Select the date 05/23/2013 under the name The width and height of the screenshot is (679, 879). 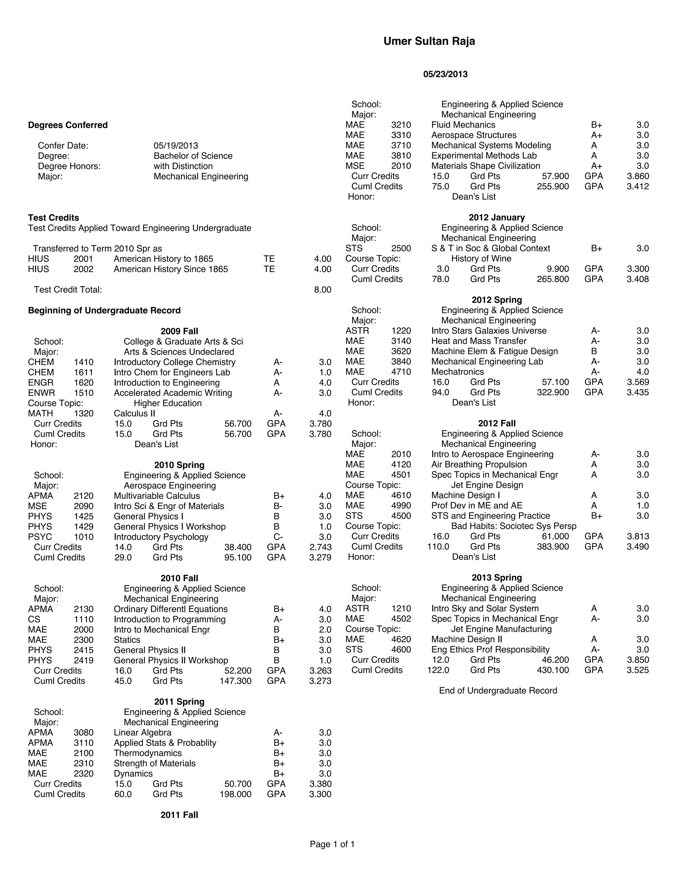click(445, 74)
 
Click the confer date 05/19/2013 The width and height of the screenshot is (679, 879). click(176, 146)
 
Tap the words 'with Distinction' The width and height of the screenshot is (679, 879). click(183, 166)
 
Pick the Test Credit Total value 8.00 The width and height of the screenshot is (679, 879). click(322, 290)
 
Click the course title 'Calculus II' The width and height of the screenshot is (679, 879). click(134, 413)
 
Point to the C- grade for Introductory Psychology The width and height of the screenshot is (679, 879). click(278, 537)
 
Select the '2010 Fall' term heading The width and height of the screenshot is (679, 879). click(179, 578)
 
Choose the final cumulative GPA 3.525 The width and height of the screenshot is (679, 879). click(638, 670)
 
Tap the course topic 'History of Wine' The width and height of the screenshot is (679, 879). click(481, 258)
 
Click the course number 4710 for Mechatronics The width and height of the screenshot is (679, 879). click(401, 372)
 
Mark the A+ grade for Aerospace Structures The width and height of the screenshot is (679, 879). click(596, 135)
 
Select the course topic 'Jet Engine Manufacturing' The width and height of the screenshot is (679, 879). click(501, 629)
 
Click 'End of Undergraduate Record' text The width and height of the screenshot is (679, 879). click(498, 691)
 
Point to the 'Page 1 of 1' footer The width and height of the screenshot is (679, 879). click(332, 845)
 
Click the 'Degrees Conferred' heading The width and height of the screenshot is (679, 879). click(68, 125)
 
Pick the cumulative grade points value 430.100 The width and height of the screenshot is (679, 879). click(553, 670)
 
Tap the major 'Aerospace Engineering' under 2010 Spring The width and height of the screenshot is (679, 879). click(170, 486)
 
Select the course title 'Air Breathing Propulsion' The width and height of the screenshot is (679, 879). click(479, 464)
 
